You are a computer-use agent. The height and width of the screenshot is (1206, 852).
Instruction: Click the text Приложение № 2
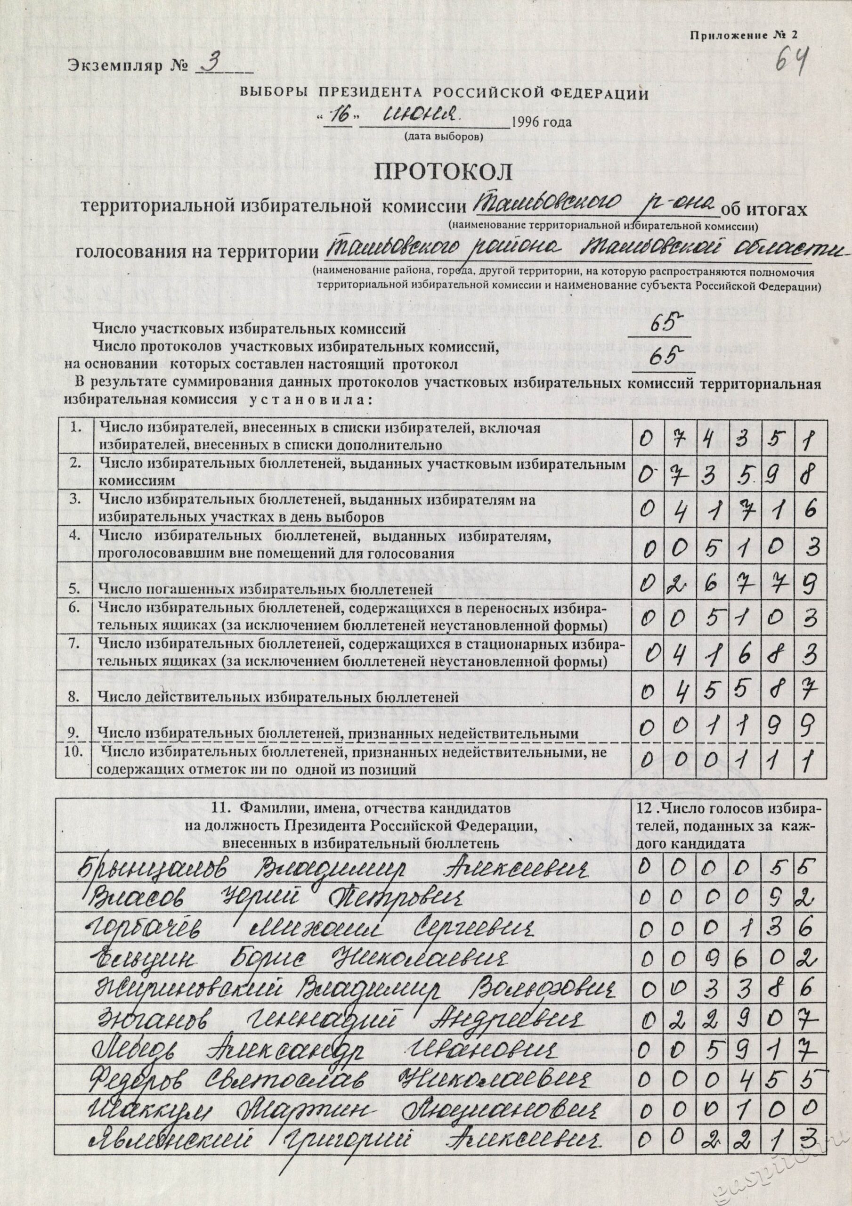(743, 35)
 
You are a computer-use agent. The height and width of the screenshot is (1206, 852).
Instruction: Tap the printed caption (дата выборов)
(442, 137)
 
